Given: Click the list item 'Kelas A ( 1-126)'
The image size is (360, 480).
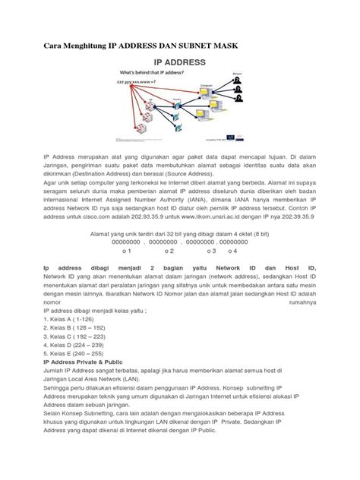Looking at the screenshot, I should [74, 320].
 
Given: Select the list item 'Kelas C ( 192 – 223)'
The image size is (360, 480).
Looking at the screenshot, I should [79, 336].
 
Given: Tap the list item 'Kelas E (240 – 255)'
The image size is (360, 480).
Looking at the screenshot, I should [78, 353].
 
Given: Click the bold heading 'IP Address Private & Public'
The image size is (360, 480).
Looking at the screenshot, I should [89, 362].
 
